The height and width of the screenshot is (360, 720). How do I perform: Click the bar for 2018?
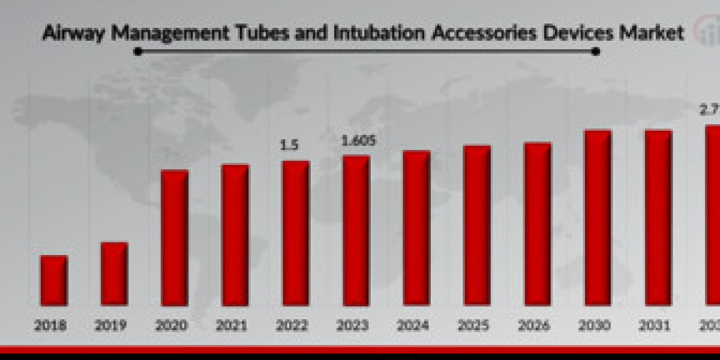pos(54,280)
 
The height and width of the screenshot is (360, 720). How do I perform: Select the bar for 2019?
pos(114,274)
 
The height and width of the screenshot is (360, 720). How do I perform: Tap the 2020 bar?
pos(175,238)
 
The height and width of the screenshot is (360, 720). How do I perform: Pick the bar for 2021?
pos(235,235)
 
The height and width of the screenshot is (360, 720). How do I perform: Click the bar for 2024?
pos(416,228)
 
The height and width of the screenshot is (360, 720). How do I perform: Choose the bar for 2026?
pos(538,224)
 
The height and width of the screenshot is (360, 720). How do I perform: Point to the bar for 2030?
pos(598,217)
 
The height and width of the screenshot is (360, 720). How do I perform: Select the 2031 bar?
pos(658,217)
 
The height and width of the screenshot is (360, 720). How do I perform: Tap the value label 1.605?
pos(358,142)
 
